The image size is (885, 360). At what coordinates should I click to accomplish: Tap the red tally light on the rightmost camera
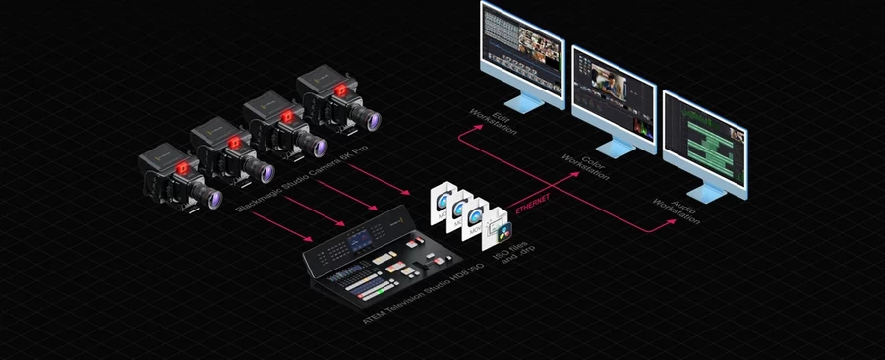[339, 90]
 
